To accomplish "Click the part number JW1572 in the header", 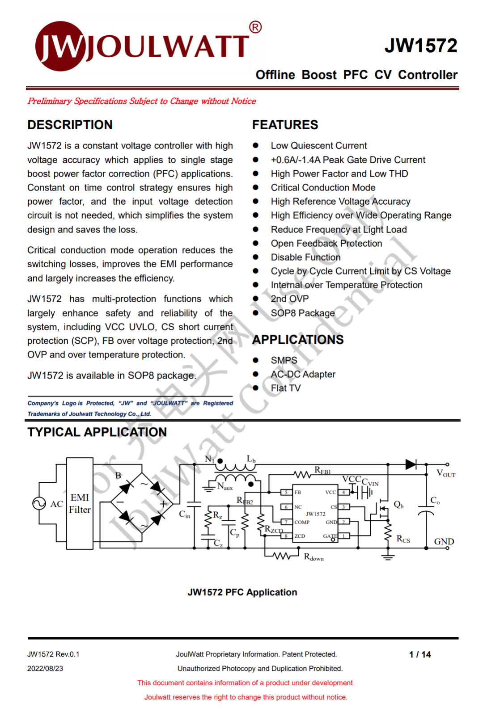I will click(421, 46).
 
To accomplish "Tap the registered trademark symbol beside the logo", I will click(255, 28).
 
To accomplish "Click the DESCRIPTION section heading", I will click(70, 125).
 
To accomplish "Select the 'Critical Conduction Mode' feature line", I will click(323, 188).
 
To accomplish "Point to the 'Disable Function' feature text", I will click(305, 257).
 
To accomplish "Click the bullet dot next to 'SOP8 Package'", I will click(256, 313).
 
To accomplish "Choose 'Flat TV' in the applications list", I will click(286, 388).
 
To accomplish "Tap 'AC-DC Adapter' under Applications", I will click(303, 374).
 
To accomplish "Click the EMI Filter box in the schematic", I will click(80, 503).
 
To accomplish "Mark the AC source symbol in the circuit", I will click(39, 503).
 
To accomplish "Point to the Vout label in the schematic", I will click(445, 473).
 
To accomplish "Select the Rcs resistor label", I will click(403, 539).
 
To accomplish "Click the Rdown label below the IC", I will click(314, 557).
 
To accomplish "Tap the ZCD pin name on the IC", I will click(300, 536).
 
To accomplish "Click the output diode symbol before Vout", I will click(411, 464).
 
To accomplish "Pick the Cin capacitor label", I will click(185, 514).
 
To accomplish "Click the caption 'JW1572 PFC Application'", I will click(242, 592).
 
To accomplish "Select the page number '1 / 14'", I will click(419, 654).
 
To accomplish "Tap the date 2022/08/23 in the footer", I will click(45, 669).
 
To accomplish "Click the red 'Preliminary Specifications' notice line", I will click(142, 101).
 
